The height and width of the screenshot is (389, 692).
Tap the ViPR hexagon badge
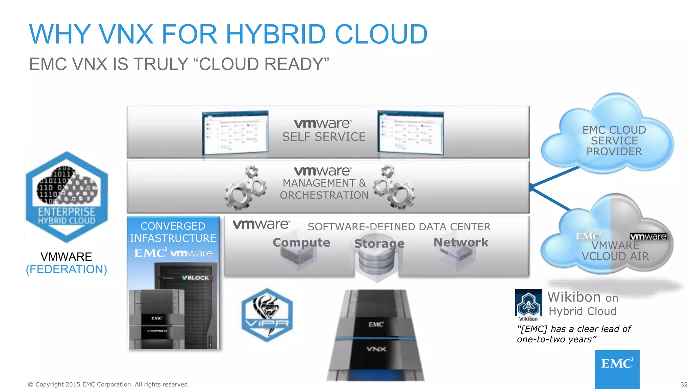267,315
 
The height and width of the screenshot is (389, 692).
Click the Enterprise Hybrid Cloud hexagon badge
67,197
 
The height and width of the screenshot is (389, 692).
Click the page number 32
684,384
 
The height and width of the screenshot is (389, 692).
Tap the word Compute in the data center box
301,242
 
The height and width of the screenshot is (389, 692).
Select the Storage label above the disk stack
379,243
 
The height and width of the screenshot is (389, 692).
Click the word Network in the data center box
461,242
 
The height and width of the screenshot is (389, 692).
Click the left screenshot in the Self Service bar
235,132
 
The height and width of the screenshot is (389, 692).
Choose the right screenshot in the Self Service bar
410,132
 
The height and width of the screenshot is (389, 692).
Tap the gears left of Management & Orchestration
246,188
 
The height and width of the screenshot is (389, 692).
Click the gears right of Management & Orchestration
395,188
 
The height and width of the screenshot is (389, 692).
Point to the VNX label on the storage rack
376,349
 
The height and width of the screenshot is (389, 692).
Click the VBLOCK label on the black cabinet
195,278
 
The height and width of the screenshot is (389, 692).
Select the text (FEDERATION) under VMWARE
67,269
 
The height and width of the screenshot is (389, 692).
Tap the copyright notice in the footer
108,384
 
